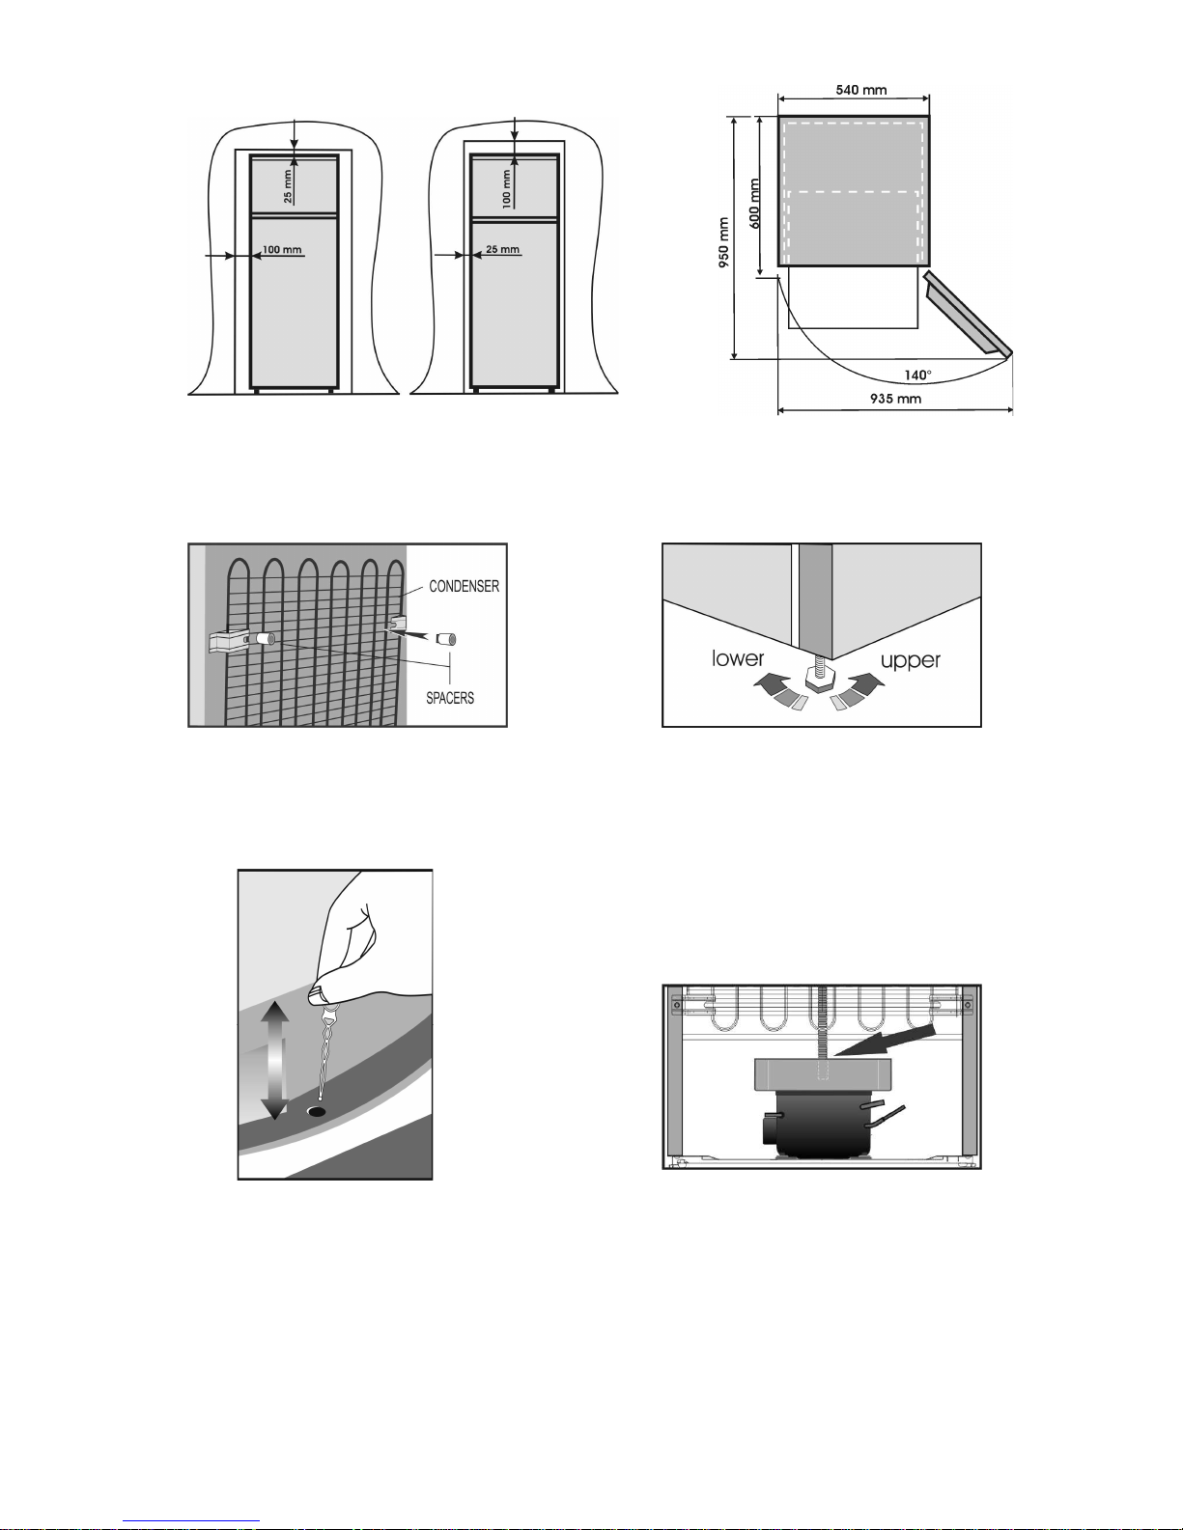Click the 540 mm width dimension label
pyautogui.click(x=860, y=90)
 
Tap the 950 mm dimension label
pyautogui.click(x=723, y=242)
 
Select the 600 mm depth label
pyautogui.click(x=754, y=203)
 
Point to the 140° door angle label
pyautogui.click(x=917, y=376)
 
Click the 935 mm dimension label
pyautogui.click(x=895, y=399)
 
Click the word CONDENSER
pyautogui.click(x=465, y=586)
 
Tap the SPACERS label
pyautogui.click(x=450, y=698)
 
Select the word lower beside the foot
pyautogui.click(x=737, y=658)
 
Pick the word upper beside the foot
pyautogui.click(x=911, y=661)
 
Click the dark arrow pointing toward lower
pyautogui.click(x=771, y=683)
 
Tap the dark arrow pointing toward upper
pyautogui.click(x=866, y=683)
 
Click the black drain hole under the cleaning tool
pyautogui.click(x=317, y=1110)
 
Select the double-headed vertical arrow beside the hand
pyautogui.click(x=275, y=1060)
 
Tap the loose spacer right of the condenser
pyautogui.click(x=446, y=639)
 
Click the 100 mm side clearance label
pyautogui.click(x=282, y=249)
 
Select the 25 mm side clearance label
pyautogui.click(x=503, y=249)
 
